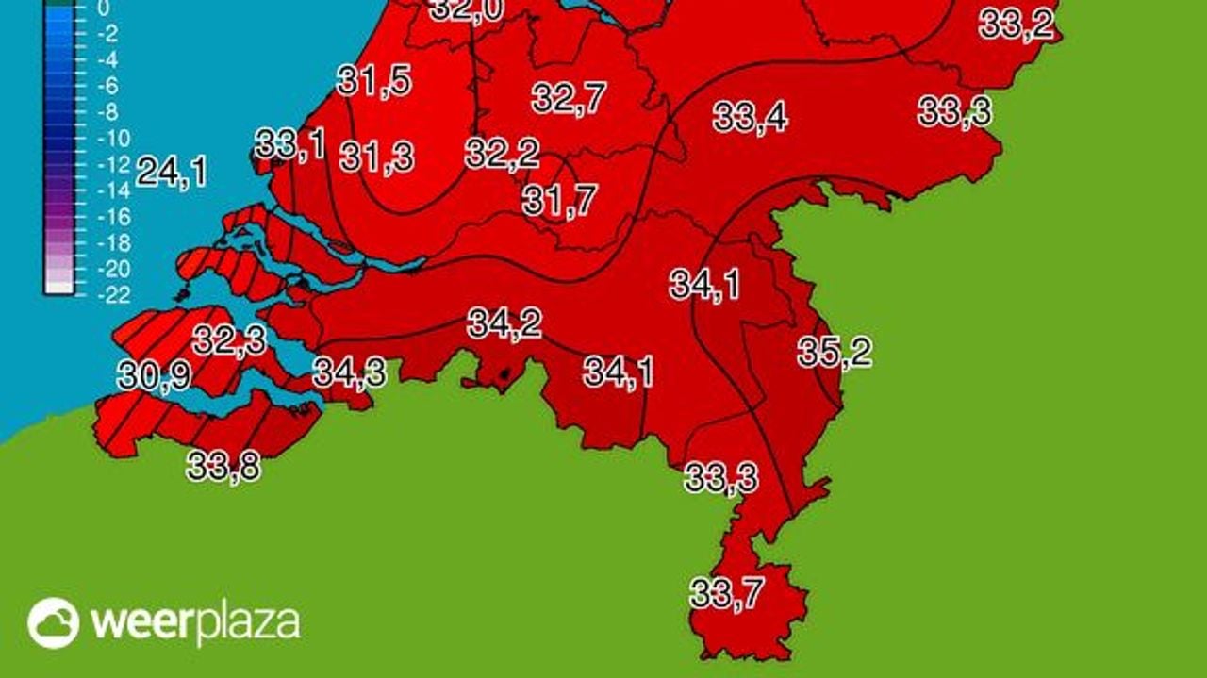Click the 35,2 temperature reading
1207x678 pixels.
tap(835, 353)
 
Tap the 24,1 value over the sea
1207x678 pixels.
tap(172, 173)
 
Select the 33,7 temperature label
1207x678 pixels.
tap(726, 594)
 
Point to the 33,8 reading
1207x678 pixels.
tap(223, 466)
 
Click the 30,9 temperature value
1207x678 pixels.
tap(154, 375)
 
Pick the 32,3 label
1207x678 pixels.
tap(229, 339)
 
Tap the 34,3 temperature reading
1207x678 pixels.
tap(349, 372)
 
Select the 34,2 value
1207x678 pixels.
tap(504, 324)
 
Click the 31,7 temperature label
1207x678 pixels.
tap(560, 200)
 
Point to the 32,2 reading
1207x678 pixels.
tap(502, 154)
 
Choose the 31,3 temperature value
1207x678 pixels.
tap(376, 157)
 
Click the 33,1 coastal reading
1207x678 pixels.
tap(290, 145)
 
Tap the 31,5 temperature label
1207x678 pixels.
tap(373, 82)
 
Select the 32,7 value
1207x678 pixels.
tap(569, 98)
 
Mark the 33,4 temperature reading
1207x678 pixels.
tap(750, 118)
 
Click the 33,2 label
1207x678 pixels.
tap(1016, 24)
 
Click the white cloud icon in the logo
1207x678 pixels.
tap(53, 622)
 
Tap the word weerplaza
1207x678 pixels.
tap(195, 623)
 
